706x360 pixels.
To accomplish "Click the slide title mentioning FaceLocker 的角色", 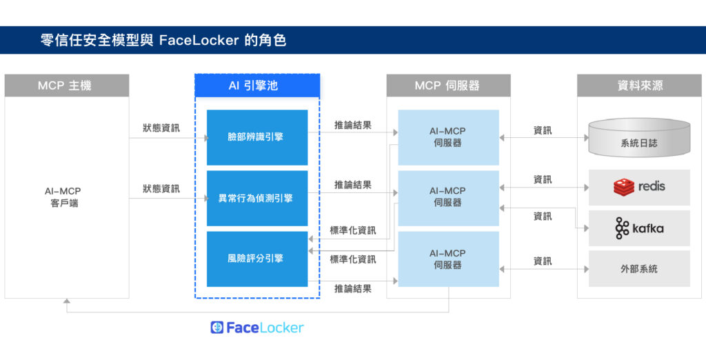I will [163, 41].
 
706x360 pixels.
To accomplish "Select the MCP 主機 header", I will [66, 86].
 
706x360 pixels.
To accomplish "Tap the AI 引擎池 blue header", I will [257, 86].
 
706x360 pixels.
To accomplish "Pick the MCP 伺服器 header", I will [448, 86].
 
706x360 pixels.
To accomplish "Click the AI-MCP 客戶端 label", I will [66, 197].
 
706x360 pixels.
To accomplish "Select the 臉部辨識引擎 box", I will [257, 137].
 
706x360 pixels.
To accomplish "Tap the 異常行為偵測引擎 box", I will [257, 198].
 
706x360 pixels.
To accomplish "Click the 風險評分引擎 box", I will [257, 259].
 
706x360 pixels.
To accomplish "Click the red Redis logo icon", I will [624, 187].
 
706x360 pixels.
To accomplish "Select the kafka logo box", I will [639, 228].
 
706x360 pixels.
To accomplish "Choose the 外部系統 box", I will [639, 268].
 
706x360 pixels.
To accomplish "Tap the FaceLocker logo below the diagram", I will [257, 328].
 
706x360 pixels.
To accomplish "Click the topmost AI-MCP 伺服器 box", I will [448, 137].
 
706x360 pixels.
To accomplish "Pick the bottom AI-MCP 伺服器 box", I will [448, 259].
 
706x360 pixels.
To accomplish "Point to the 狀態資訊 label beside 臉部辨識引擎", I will [161, 128].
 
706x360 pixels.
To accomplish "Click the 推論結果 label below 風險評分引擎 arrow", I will [353, 288].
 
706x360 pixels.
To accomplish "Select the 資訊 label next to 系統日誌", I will [543, 130].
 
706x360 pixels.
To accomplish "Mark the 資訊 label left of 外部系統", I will [543, 261].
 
